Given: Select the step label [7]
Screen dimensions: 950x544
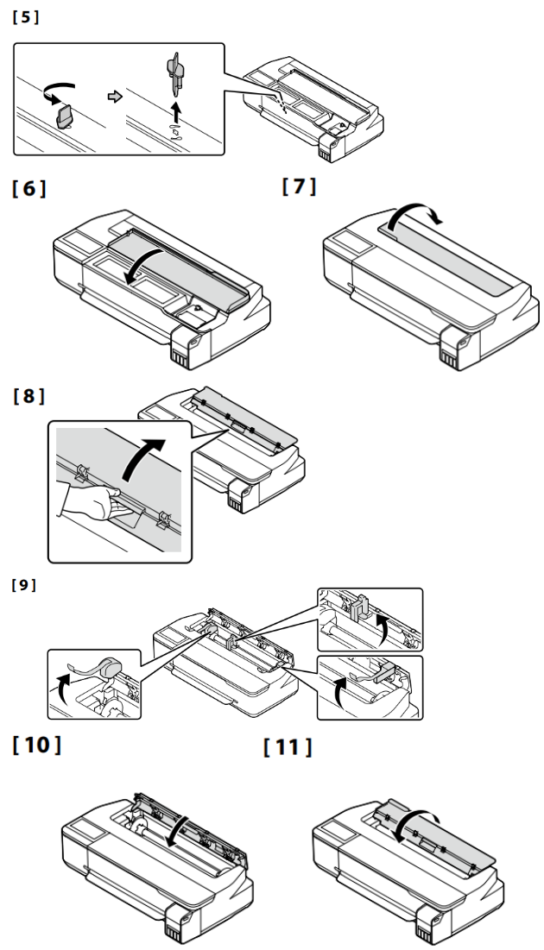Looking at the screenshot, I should (x=299, y=186).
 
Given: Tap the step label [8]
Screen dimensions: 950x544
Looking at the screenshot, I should (x=29, y=397).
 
